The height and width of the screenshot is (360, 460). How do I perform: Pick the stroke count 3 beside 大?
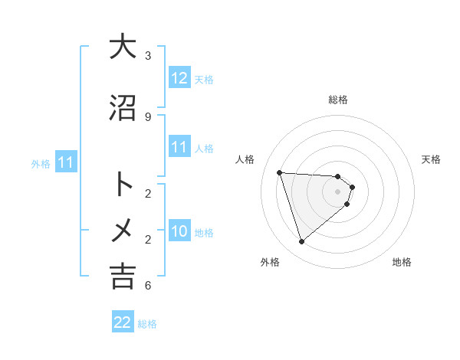click(x=148, y=56)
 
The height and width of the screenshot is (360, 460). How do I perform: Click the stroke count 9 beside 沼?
click(x=148, y=117)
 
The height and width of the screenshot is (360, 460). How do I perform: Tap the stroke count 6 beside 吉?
click(x=148, y=286)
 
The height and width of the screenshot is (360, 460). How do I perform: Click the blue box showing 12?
click(x=179, y=79)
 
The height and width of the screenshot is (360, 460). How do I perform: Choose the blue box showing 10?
click(x=179, y=232)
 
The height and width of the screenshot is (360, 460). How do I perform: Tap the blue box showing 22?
click(x=123, y=323)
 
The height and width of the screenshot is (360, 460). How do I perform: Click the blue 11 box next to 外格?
click(x=66, y=162)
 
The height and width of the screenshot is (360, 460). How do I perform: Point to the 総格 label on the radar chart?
click(x=337, y=100)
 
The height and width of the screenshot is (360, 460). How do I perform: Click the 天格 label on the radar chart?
click(x=432, y=159)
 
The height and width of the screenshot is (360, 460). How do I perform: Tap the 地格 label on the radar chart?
click(x=402, y=262)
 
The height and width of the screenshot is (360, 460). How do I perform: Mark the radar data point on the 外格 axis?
click(x=301, y=242)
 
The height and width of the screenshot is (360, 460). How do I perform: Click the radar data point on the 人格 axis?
click(x=279, y=172)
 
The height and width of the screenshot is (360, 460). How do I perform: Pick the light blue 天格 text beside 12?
click(x=204, y=80)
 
